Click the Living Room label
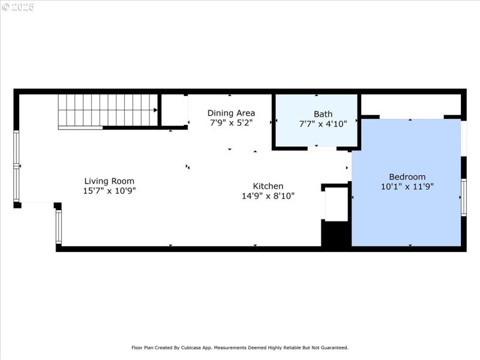[x=109, y=181]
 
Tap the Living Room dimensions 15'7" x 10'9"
[x=109, y=191]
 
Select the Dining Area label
[x=231, y=113]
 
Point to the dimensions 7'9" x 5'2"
[x=231, y=123]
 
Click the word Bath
[x=323, y=114]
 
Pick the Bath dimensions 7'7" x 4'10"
[x=323, y=124]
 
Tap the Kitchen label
[x=268, y=186]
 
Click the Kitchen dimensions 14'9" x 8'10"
[x=268, y=196]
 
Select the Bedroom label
[x=407, y=176]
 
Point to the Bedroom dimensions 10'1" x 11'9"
[x=407, y=187]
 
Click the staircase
[x=108, y=110]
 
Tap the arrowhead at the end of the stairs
[x=155, y=110]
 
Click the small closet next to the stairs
[x=173, y=110]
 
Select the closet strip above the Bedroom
[x=411, y=106]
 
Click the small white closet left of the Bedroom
[x=336, y=204]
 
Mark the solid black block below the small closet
[x=336, y=233]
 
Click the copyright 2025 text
[x=18, y=7]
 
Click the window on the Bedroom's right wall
[x=464, y=197]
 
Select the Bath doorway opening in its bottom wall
[x=322, y=148]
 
